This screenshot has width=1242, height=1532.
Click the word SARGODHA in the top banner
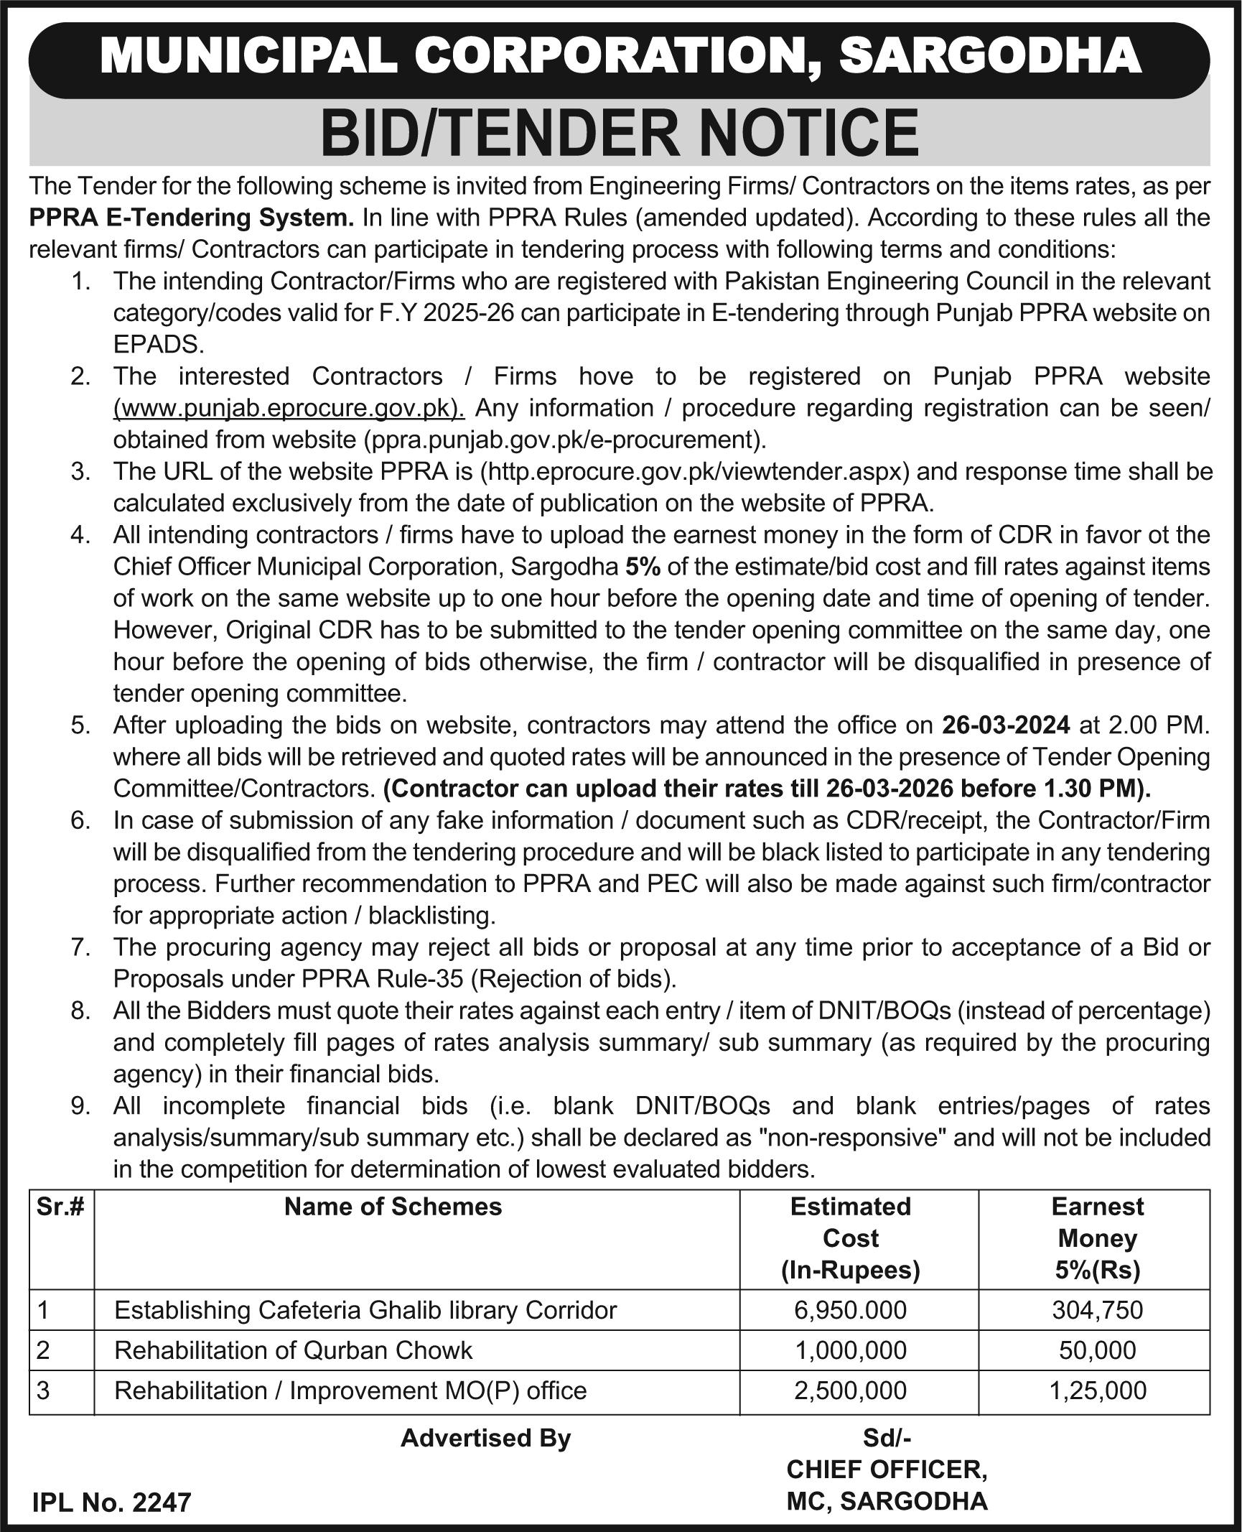tap(990, 56)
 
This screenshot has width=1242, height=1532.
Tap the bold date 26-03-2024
tap(1006, 725)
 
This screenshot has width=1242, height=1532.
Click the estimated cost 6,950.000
tap(850, 1310)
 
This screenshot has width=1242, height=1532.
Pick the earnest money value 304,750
tap(1097, 1310)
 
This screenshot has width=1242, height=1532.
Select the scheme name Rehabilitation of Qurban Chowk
tap(293, 1350)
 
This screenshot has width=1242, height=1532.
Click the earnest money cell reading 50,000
tap(1097, 1350)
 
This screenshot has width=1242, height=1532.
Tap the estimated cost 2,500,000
tap(850, 1391)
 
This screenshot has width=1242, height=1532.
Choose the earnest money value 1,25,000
tap(1097, 1391)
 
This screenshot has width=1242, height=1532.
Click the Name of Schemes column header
tap(393, 1207)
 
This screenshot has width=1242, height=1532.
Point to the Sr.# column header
tap(60, 1207)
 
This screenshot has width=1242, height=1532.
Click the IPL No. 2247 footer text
tap(112, 1503)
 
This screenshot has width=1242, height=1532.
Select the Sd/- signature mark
tap(886, 1438)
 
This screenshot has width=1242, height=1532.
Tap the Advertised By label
tap(485, 1438)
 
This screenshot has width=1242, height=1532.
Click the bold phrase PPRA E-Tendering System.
tap(192, 218)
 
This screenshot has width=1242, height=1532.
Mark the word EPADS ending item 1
tap(158, 345)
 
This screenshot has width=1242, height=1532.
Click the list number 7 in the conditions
tap(79, 947)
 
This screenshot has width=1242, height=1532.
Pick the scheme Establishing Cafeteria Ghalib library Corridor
tap(365, 1310)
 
